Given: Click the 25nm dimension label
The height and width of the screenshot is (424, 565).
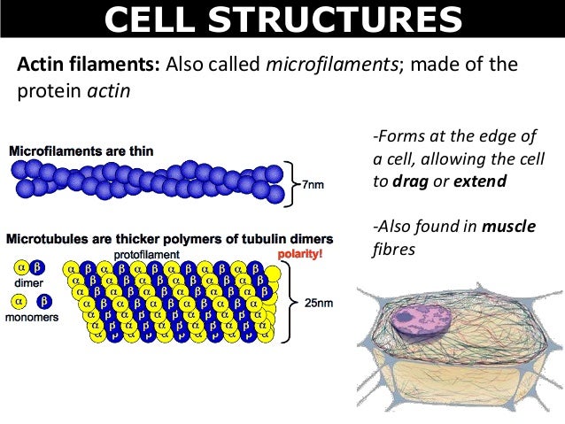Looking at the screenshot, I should [319, 303].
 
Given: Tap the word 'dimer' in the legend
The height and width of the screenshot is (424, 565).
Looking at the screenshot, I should [29, 285].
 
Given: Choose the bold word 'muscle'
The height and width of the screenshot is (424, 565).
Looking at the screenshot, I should [508, 227].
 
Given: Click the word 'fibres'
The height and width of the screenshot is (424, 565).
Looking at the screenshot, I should [393, 250].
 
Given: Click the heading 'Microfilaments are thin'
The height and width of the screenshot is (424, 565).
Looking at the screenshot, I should [84, 150].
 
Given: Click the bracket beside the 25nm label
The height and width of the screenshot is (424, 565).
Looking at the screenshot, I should [289, 302].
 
